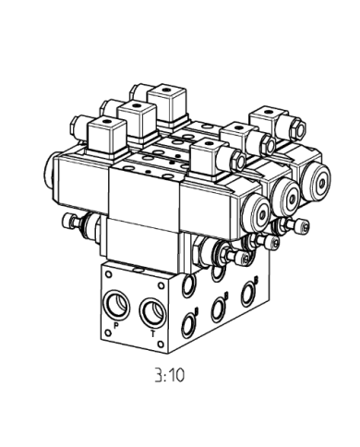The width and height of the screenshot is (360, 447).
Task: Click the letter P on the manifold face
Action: (116, 325)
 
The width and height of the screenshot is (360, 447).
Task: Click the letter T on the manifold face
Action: (153, 333)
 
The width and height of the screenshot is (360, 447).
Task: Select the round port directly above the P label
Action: (116, 305)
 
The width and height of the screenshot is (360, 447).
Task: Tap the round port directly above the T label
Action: (153, 313)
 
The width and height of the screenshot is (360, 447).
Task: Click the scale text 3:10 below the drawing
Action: (170, 375)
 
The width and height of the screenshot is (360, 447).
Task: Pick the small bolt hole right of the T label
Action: (161, 344)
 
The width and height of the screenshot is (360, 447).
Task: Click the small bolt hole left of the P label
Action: (108, 332)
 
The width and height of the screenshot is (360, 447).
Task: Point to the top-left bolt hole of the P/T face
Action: (108, 274)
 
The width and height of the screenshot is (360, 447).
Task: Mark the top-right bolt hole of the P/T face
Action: (162, 286)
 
